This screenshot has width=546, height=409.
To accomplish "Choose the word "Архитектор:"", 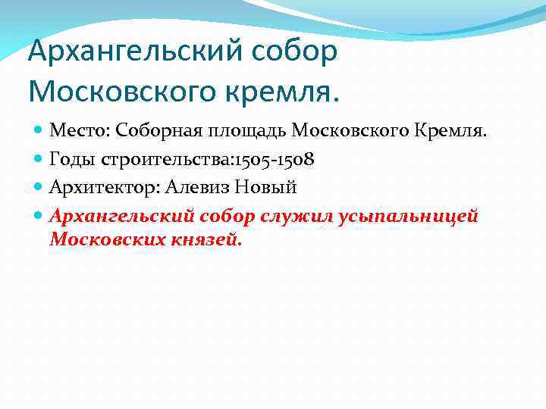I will (x=102, y=187).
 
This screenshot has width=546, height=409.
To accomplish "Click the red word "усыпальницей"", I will (x=409, y=216).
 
